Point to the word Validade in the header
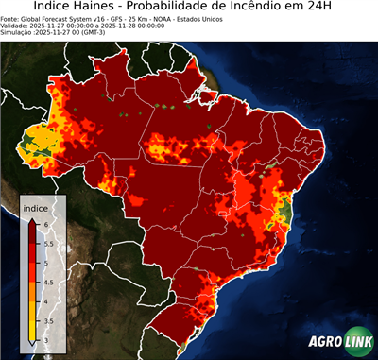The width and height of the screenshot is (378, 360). pyautogui.click(x=20, y=25)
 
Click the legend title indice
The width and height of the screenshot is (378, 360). pyautogui.click(x=36, y=207)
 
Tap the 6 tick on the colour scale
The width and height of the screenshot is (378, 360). pyautogui.click(x=46, y=222)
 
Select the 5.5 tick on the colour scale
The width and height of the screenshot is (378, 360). pyautogui.click(x=49, y=242)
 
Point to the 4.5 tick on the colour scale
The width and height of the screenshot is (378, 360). pyautogui.click(x=49, y=282)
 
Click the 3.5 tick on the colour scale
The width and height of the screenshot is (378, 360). pyautogui.click(x=49, y=322)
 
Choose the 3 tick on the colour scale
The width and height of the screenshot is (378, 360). pyautogui.click(x=46, y=341)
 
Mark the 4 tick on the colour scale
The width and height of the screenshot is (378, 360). pyautogui.click(x=46, y=301)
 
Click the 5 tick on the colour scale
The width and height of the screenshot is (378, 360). pyautogui.click(x=46, y=262)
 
